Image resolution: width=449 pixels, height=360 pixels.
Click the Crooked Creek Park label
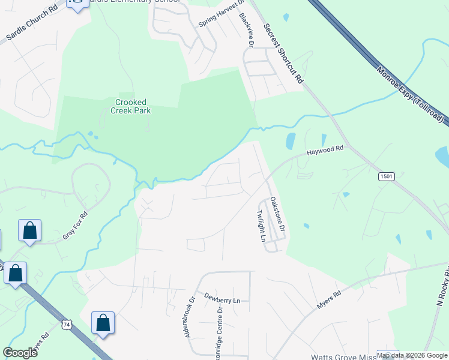pos(130,106)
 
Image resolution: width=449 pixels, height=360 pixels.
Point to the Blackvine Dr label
pos(247,31)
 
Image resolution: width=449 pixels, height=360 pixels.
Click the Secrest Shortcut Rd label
pos(284,53)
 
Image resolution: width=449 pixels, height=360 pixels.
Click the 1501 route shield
pos(386,176)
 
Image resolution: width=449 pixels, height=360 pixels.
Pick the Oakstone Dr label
pos(276,215)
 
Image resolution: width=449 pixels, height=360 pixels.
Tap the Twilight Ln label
pos(261,226)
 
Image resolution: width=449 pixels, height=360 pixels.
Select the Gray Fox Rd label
pos(75,226)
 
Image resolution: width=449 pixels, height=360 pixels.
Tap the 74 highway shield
pos(65,325)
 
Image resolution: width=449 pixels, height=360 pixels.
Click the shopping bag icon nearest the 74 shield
pos(103,322)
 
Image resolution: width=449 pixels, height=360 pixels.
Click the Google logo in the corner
pos(20,353)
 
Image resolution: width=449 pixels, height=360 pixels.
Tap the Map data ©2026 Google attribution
pos(412,355)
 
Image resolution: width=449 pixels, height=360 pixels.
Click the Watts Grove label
pos(342,356)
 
